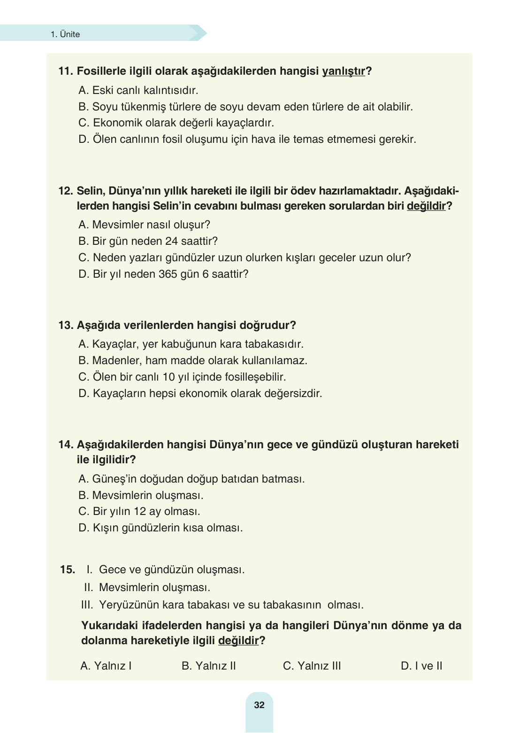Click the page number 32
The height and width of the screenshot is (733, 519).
tap(259, 705)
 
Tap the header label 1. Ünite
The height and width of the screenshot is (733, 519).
tap(65, 34)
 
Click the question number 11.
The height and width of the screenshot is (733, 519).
tap(65, 71)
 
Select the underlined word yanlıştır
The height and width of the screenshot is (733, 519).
tap(343, 71)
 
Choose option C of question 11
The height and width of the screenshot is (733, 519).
tap(176, 123)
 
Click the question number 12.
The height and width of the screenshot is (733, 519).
tap(65, 191)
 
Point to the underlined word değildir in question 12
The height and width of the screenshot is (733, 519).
tap(426, 206)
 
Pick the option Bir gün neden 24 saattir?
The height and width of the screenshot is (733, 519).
tap(148, 241)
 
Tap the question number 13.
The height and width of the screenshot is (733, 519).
tap(65, 325)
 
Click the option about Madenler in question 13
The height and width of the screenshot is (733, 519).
tap(193, 360)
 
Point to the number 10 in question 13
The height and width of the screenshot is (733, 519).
tap(168, 377)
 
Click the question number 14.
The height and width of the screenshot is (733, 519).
tap(65, 444)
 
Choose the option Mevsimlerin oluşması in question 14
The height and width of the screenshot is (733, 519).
tap(141, 495)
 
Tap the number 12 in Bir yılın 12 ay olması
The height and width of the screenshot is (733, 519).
tap(140, 511)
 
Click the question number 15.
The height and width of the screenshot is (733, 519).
tap(67, 569)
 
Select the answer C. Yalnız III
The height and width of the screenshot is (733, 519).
tap(312, 666)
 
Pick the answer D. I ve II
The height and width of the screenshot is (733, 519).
tap(421, 666)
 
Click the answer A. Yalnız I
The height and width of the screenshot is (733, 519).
tap(106, 666)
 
